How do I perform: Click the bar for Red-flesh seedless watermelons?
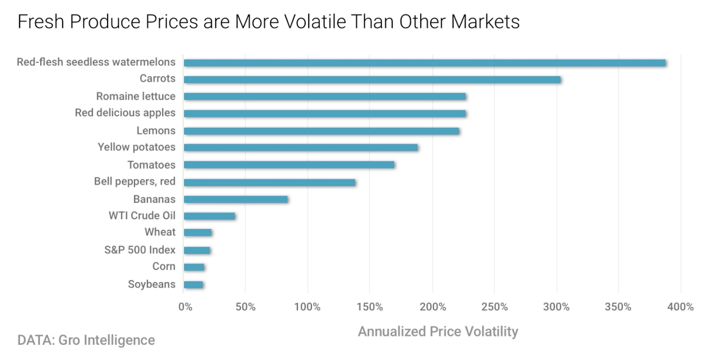[424, 63]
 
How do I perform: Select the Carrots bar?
[372, 80]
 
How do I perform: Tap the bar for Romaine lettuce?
[324, 96]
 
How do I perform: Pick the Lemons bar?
[321, 131]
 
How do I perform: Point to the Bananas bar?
[236, 200]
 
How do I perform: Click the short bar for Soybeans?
[194, 285]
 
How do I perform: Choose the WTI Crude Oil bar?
[209, 216]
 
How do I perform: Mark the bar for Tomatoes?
[289, 165]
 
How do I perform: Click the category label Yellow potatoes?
[137, 147]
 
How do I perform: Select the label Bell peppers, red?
[134, 182]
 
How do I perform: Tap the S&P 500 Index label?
[140, 250]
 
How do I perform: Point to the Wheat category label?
[160, 232]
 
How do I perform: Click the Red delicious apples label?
[125, 113]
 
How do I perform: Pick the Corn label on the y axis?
[164, 266]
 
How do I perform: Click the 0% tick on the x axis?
[185, 307]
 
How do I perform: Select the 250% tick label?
[494, 307]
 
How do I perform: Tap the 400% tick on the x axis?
[680, 307]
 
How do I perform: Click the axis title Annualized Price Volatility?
[438, 332]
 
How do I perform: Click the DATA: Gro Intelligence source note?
[86, 340]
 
